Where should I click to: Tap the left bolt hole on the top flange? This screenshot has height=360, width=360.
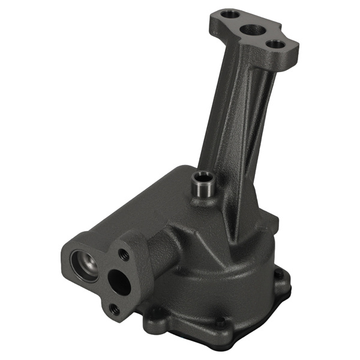click(226, 13)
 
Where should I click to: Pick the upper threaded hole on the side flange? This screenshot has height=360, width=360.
click(124, 254)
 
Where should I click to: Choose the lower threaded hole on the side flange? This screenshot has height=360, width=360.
click(114, 309)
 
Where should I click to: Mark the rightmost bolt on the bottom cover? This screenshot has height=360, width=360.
click(278, 275)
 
